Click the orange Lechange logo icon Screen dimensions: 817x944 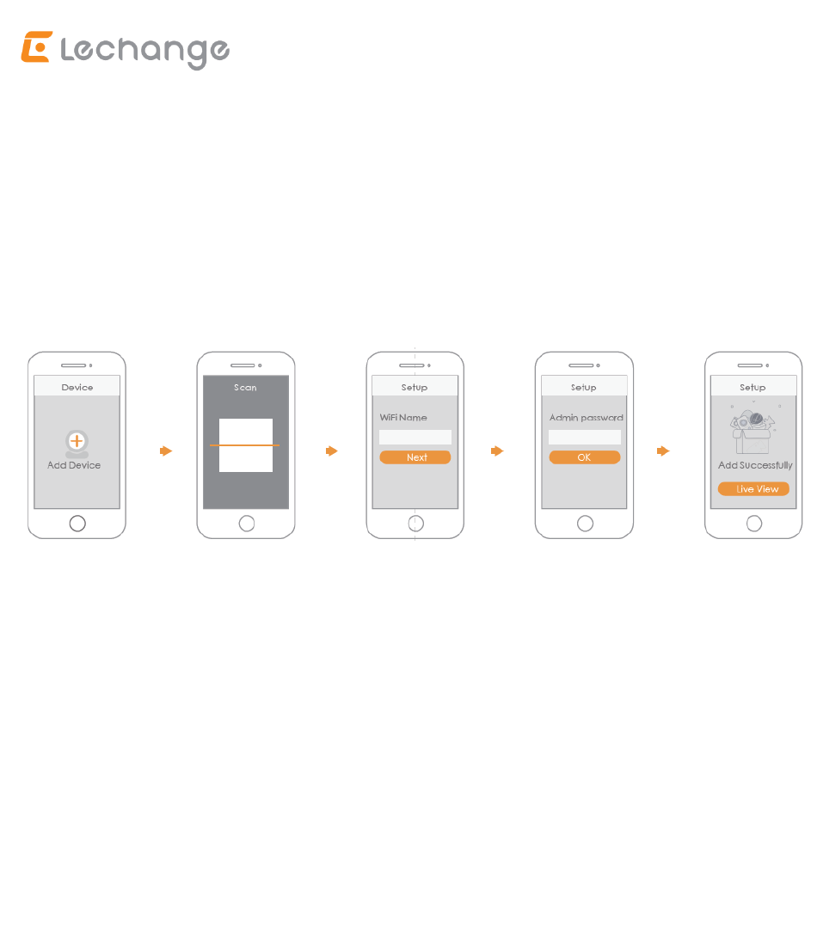(x=37, y=47)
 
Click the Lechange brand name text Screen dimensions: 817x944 (x=145, y=52)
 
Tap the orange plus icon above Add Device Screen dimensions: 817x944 (x=77, y=441)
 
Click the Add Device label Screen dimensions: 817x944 (x=74, y=465)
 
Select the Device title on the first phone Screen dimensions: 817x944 (x=77, y=387)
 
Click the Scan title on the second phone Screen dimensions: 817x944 (x=246, y=387)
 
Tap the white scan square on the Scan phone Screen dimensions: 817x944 (x=246, y=444)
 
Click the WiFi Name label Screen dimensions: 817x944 (x=403, y=417)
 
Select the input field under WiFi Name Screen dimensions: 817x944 (x=415, y=437)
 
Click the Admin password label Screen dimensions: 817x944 (x=587, y=417)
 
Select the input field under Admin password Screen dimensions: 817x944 (x=585, y=437)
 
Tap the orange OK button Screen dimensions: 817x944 (x=585, y=457)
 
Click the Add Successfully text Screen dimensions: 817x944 (x=755, y=465)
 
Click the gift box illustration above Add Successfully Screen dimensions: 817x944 (x=752, y=432)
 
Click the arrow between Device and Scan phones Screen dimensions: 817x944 (x=166, y=451)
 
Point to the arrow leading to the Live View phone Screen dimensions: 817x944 (x=663, y=451)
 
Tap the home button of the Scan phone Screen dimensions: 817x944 (x=247, y=524)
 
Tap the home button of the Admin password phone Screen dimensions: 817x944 (x=585, y=524)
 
